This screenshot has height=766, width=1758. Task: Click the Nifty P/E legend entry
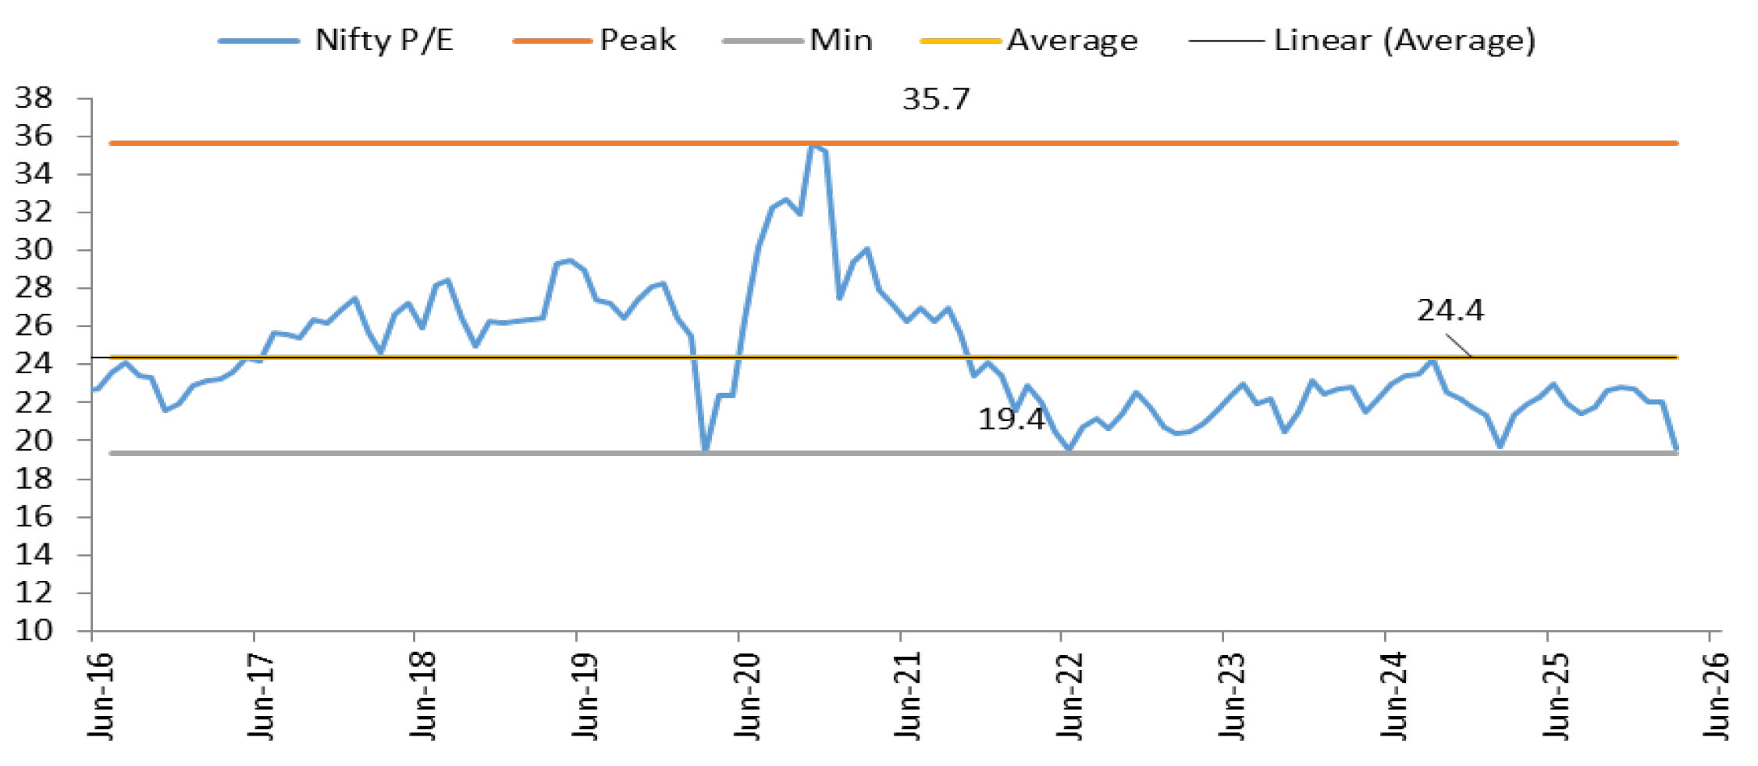[336, 40]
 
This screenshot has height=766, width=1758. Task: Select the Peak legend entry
[594, 40]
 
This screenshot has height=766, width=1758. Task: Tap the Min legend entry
[798, 40]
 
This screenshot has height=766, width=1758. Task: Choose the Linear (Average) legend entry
[1362, 41]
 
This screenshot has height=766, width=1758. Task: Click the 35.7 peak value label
[935, 99]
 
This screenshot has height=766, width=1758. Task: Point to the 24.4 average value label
[1450, 310]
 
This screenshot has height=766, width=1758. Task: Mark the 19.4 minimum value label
[1011, 419]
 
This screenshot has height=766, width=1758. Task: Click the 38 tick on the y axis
[34, 98]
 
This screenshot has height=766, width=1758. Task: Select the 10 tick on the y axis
[34, 630]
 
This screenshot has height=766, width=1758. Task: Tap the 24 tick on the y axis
[34, 364]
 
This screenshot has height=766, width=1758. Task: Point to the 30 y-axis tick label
[34, 250]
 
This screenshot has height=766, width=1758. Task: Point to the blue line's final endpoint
[1676, 449]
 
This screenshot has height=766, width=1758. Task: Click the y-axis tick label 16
[34, 516]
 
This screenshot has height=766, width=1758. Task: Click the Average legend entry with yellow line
[1029, 40]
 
